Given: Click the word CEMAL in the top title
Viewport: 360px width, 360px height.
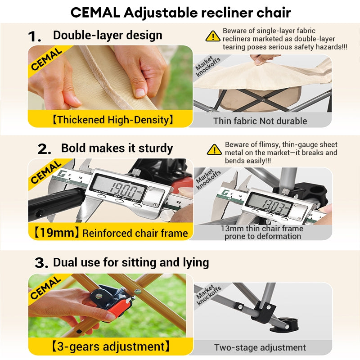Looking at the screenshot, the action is pyautogui.click(x=95, y=13).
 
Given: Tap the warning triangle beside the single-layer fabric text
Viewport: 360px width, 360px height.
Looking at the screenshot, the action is pyautogui.click(x=213, y=36).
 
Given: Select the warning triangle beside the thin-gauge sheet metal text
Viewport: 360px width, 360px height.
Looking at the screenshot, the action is pyautogui.click(x=214, y=150).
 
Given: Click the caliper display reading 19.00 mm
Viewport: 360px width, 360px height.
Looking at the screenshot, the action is pyautogui.click(x=121, y=188).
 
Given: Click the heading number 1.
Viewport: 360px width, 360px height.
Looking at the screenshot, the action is pyautogui.click(x=35, y=37).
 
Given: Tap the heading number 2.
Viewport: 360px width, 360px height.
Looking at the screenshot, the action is pyautogui.click(x=44, y=149).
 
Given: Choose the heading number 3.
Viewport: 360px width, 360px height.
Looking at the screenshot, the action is pyautogui.click(x=41, y=263).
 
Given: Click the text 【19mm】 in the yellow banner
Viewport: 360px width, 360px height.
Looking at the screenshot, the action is pyautogui.click(x=54, y=233).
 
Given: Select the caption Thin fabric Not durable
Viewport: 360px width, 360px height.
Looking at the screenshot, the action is pyautogui.click(x=260, y=121).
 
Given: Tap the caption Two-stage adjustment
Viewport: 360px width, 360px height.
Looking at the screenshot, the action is pyautogui.click(x=260, y=347).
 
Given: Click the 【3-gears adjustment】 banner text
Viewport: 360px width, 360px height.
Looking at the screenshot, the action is pyautogui.click(x=111, y=346).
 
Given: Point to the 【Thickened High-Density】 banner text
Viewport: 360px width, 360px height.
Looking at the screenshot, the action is pyautogui.click(x=113, y=120).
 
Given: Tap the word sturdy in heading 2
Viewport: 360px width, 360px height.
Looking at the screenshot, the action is pyautogui.click(x=156, y=148).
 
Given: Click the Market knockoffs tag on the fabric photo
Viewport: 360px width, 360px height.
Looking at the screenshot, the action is pyautogui.click(x=208, y=66).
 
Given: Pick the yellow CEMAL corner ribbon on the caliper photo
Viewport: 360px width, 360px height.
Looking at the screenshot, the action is pyautogui.click(x=47, y=173).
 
